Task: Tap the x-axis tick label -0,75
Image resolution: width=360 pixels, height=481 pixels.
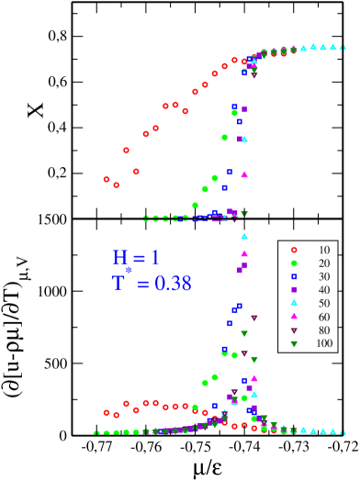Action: coord(194,448)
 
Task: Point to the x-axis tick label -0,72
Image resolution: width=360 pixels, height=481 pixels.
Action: coord(341,448)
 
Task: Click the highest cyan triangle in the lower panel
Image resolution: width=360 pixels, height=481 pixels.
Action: coord(243,235)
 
